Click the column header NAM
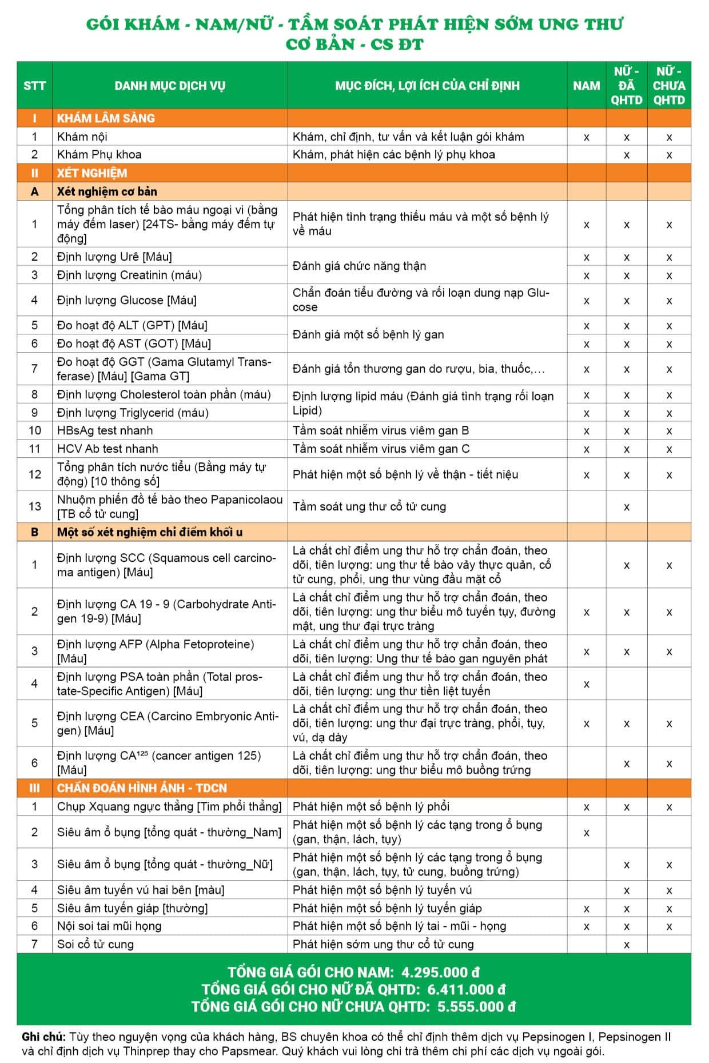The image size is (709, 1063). pos(586,86)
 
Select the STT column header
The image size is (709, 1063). pos(34,86)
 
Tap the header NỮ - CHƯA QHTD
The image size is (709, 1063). pos(669,86)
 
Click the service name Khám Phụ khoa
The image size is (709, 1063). pos(99,154)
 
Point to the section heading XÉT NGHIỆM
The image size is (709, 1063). pos(91,173)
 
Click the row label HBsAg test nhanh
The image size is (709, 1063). pos(105,430)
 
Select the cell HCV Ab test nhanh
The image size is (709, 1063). pos(107,449)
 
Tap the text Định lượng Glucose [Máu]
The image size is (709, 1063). pos(126,300)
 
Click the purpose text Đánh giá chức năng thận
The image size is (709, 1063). pos(359,266)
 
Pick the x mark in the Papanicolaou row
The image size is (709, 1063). pos(627,507)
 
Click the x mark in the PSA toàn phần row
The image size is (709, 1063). pos(586,684)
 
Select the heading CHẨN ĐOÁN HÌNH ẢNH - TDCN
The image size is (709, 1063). pos(142,788)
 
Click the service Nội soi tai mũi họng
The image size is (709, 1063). pos(109,926)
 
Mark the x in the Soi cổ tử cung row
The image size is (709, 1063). pos(627,945)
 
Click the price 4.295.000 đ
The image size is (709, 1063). pos(440,972)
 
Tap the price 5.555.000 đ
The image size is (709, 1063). pos(476,1006)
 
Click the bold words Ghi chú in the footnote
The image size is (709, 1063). pos(43,1037)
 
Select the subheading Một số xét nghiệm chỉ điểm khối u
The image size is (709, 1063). pos(149,532)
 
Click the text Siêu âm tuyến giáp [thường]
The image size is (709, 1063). pos(132,908)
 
